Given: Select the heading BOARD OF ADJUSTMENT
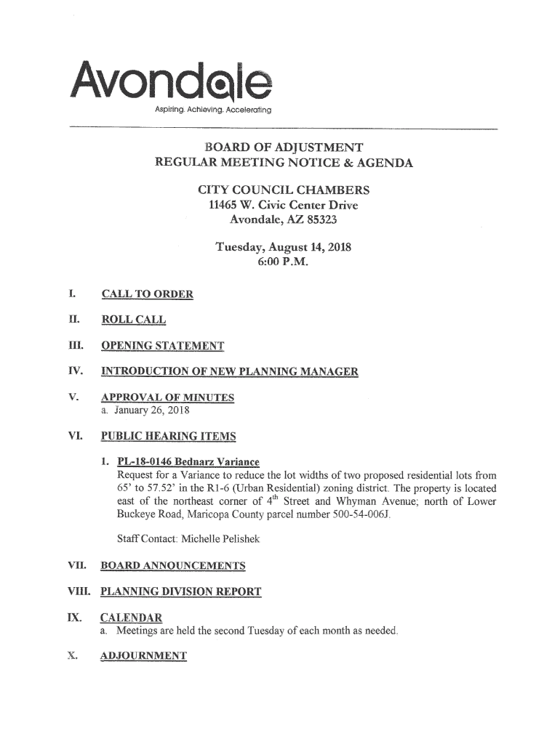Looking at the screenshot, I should [x=284, y=147].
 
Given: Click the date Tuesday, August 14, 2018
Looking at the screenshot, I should [x=284, y=247].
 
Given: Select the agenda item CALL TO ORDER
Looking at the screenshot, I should [x=147, y=294].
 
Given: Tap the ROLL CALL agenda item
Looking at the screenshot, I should [x=133, y=320].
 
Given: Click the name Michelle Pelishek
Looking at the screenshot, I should [x=209, y=540].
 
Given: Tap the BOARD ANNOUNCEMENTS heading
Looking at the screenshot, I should [x=172, y=566].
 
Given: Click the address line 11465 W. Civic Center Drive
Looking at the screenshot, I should [x=284, y=206].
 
